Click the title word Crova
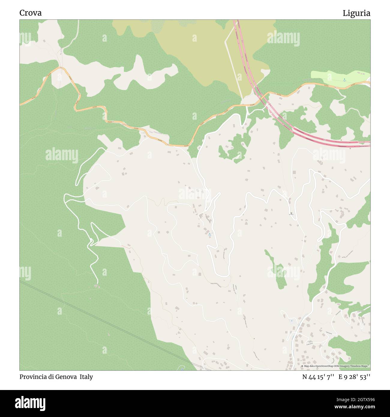[30, 13]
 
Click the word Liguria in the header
[356, 13]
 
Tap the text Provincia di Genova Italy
[56, 377]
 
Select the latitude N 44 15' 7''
[318, 377]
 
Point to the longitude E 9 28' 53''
[354, 377]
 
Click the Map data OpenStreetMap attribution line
[335, 366]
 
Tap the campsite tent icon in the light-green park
[344, 79]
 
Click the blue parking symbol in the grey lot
[291, 321]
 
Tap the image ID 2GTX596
[360, 399]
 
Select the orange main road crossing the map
[180, 145]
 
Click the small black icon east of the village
[291, 213]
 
